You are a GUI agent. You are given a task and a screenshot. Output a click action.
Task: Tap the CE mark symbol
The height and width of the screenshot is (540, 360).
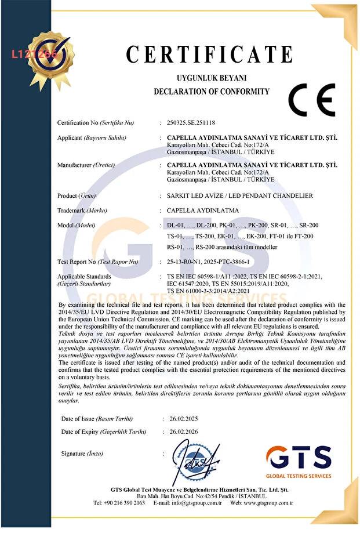(x=311, y=100)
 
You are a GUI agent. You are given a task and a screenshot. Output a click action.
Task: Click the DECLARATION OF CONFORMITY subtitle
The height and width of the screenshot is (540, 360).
(x=211, y=92)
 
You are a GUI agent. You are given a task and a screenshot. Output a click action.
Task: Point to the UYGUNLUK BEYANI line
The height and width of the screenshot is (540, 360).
(x=211, y=77)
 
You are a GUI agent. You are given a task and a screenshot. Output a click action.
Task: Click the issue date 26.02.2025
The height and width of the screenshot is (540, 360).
(x=184, y=419)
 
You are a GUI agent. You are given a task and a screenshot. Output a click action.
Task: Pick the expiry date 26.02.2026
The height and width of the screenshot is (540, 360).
(x=184, y=432)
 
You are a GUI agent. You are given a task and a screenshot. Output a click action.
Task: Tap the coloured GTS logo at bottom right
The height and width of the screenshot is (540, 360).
(x=299, y=461)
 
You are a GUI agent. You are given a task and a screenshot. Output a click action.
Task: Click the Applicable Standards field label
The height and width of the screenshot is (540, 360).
(x=84, y=277)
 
